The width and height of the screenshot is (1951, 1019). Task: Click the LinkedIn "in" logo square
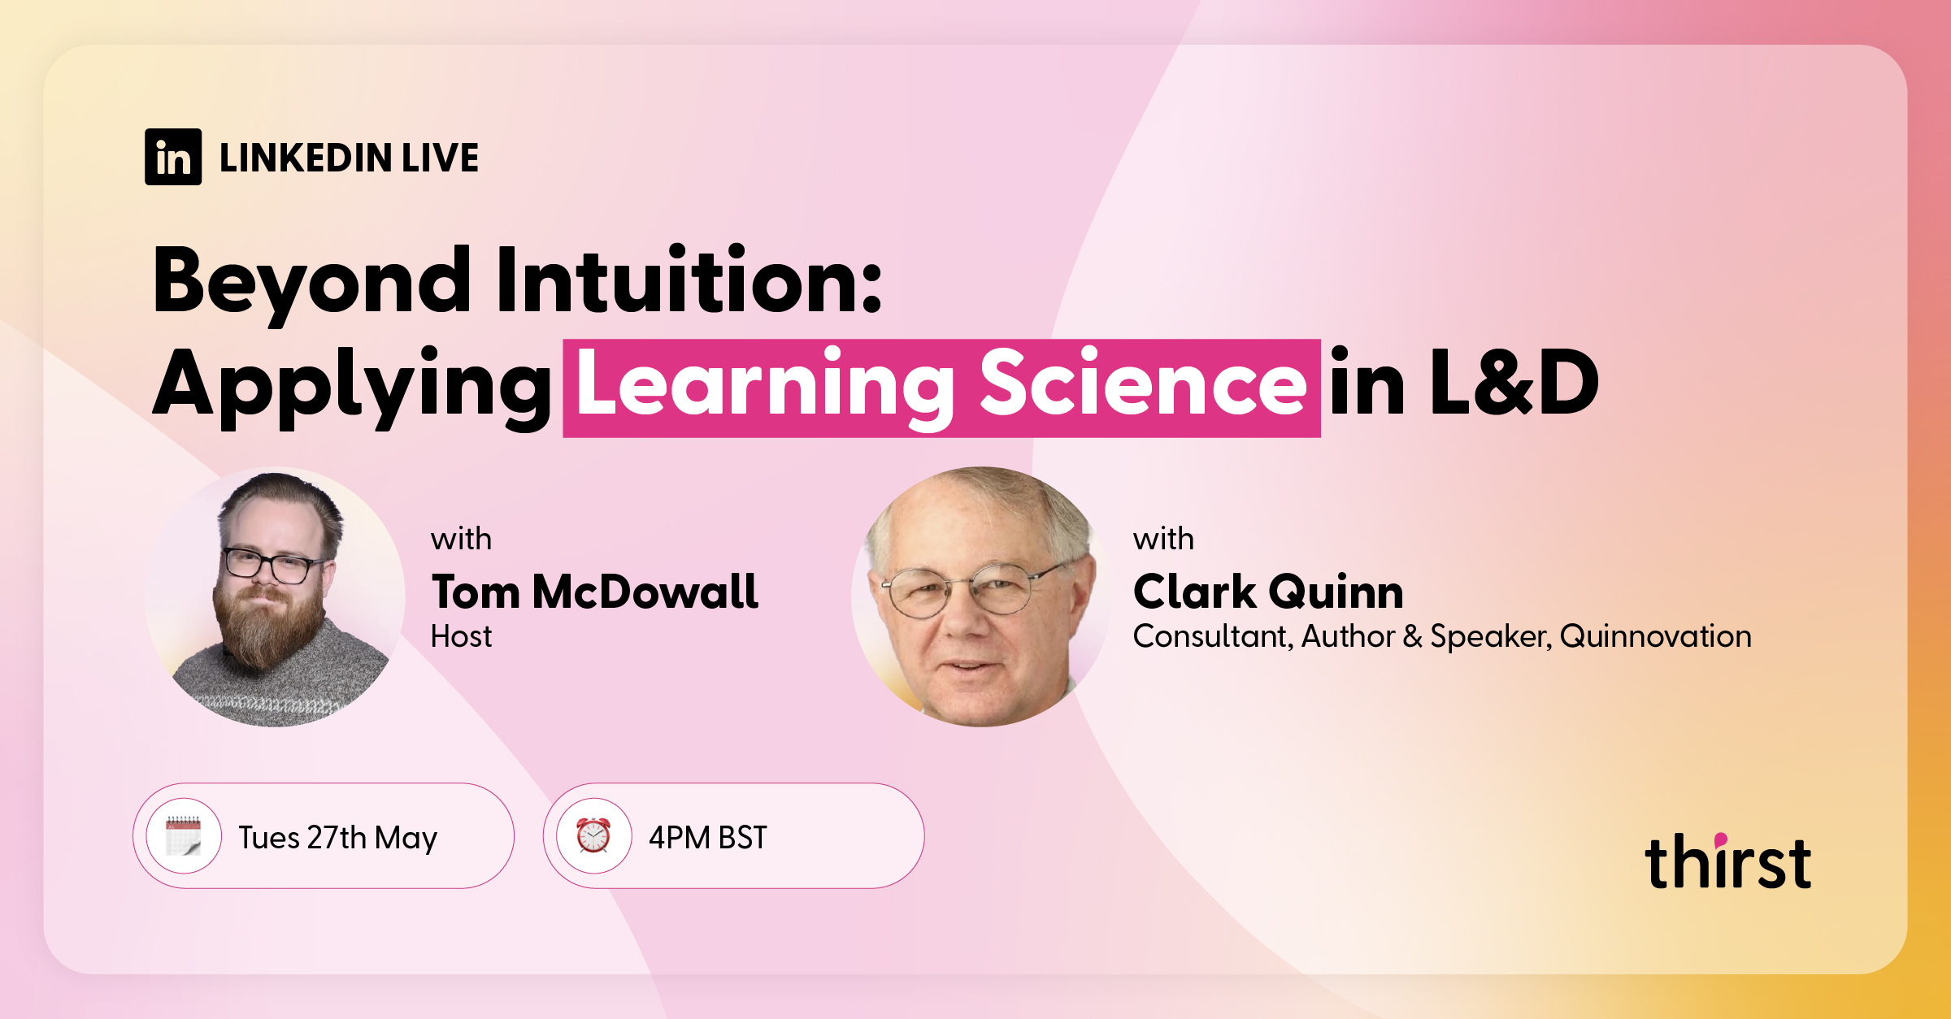pos(173,157)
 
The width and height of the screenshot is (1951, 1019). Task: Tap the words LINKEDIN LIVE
pos(349,158)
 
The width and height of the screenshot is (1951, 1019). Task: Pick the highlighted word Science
pos(1143,384)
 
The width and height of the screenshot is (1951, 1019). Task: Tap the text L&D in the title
pos(1514,383)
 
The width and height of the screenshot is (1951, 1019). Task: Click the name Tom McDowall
pos(595,592)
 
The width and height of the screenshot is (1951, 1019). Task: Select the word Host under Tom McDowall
pos(461,636)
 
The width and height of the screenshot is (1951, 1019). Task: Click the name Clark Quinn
pos(1268,592)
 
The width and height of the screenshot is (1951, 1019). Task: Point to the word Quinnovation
pos(1656,636)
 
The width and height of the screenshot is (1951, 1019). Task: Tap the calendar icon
pos(184,836)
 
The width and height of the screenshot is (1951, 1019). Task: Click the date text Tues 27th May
pos(337,838)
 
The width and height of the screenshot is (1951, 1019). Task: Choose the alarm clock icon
pos(593,836)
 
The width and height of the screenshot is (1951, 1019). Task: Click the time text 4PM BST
pos(707,838)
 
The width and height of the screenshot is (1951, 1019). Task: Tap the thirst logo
pos(1727,862)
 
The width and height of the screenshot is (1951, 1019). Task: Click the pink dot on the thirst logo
pos(1721,839)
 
